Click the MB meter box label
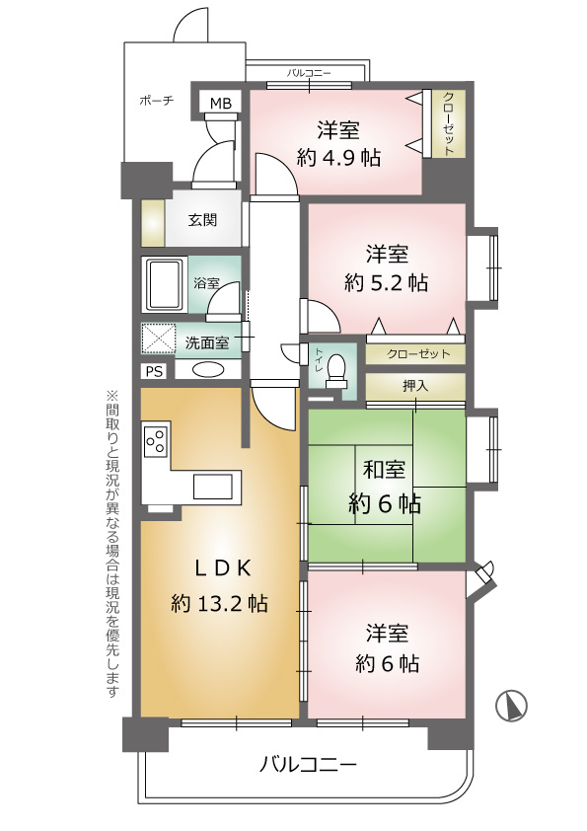pos(221,104)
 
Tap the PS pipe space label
pos(154,371)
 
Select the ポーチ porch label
pos(157,100)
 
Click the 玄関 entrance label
pos(202,220)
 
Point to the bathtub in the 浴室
pos(165,285)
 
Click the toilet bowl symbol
pos(335,368)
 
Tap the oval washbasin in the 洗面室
pos(208,369)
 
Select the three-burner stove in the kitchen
pos(156,439)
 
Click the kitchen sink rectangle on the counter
pos(213,487)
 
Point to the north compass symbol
pos(511,706)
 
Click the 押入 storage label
pos(415,385)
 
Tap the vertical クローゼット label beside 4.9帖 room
pos(448,123)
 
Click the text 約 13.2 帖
pos(219,604)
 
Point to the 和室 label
pos(384,469)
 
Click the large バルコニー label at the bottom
pos(308,764)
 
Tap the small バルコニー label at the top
pos(309,73)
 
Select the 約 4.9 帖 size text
pos(338,157)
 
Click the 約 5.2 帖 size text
pos(386,283)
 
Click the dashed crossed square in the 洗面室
pos(160,339)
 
